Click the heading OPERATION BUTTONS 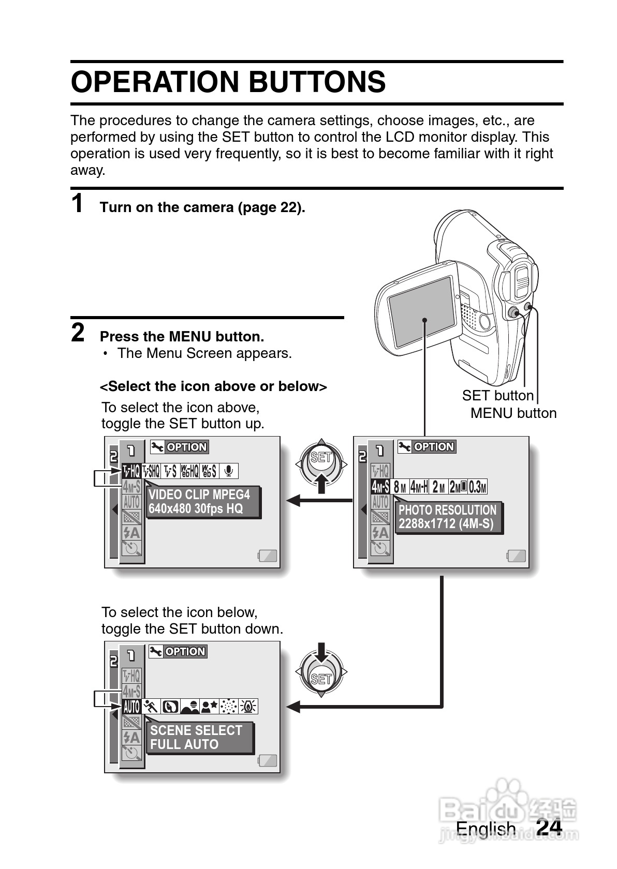click(228, 82)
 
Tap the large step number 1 click(77, 203)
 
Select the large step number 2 click(78, 333)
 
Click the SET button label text click(497, 396)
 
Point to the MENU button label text click(513, 413)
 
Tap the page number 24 click(549, 827)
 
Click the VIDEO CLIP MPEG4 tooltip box click(202, 502)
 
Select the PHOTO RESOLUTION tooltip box click(448, 517)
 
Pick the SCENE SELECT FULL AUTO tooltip click(199, 737)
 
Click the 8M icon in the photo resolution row click(400, 487)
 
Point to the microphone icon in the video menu click(229, 471)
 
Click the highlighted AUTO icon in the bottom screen click(131, 706)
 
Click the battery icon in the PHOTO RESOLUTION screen click(516, 556)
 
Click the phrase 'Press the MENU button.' click(182, 337)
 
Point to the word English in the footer click(486, 829)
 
